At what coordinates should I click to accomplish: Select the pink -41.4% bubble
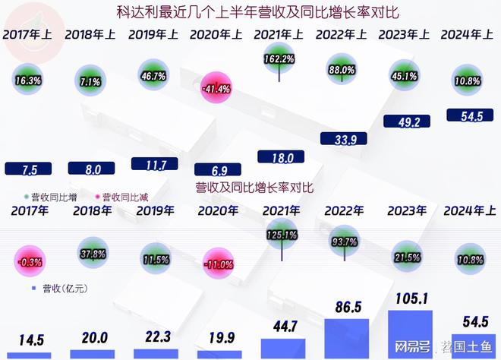coord(218,88)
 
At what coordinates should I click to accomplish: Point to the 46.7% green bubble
coord(154,77)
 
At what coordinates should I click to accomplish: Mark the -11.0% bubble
coord(218,265)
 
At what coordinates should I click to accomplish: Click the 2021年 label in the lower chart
coord(281,210)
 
